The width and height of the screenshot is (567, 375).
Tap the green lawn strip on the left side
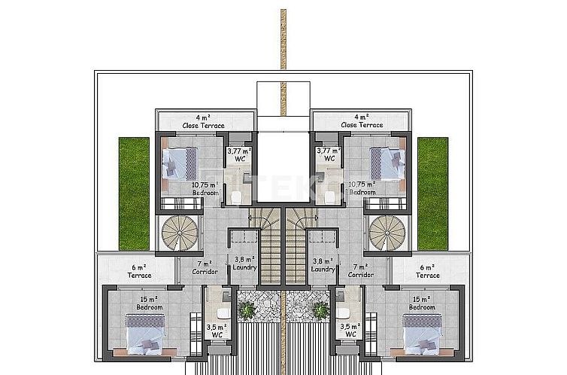134,194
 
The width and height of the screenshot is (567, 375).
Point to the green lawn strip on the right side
432,194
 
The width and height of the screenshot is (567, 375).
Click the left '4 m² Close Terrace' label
203,121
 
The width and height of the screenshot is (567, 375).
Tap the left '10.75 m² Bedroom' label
205,188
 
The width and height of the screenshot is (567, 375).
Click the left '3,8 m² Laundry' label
245,264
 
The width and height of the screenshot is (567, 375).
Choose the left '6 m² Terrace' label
139,271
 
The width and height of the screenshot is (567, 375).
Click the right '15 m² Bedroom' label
422,303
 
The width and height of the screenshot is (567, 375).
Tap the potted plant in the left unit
246,309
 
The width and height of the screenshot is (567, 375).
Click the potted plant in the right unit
320,309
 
